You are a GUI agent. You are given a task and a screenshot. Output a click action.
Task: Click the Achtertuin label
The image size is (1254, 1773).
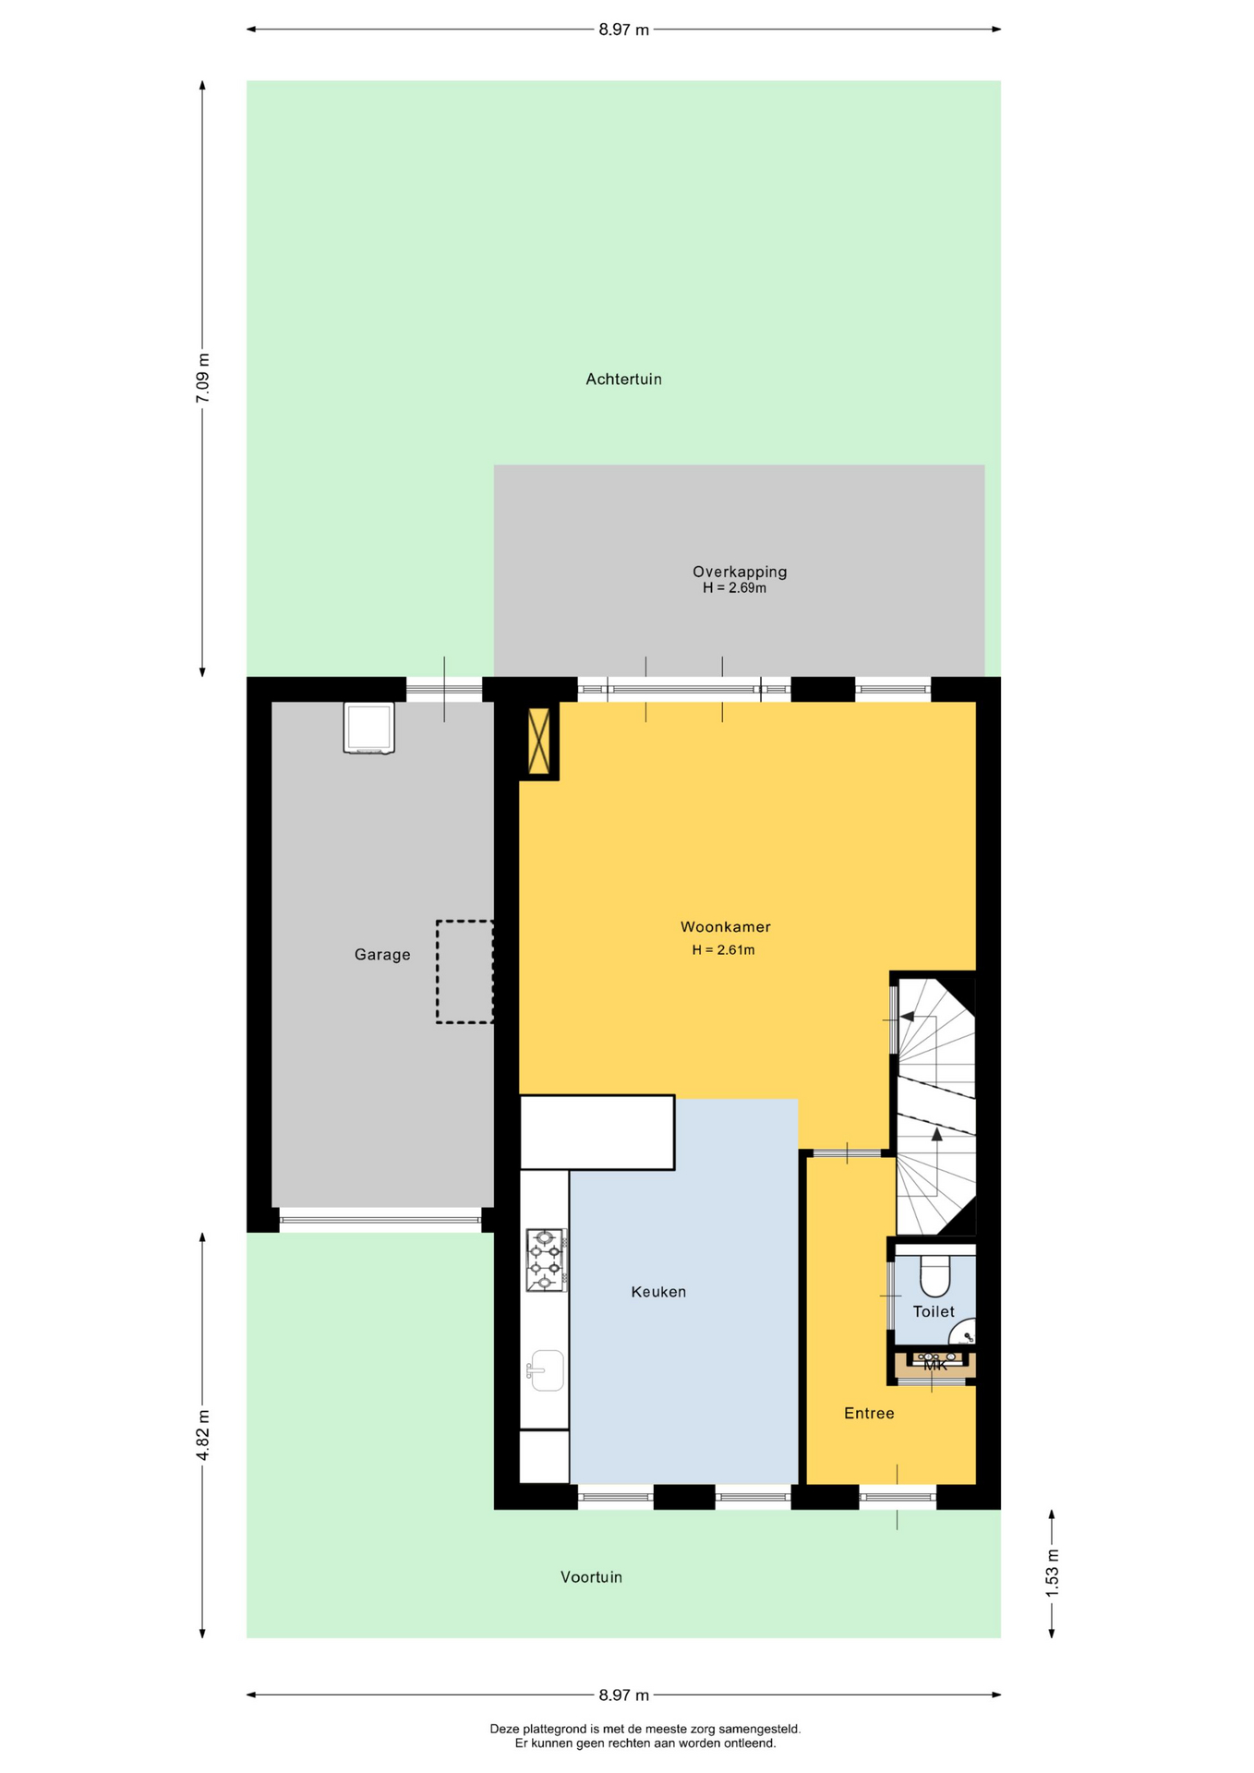pyautogui.click(x=623, y=379)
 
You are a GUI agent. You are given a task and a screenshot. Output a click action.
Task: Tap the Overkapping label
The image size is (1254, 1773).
pyautogui.click(x=740, y=572)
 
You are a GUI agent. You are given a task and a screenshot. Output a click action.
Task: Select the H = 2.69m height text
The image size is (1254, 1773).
pyautogui.click(x=734, y=587)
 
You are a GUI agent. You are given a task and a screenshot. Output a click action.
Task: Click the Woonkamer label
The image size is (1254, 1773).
pyautogui.click(x=725, y=926)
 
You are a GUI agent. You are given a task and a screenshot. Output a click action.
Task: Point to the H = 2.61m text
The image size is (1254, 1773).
pyautogui.click(x=723, y=949)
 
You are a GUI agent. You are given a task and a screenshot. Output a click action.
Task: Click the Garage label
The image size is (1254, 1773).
pyautogui.click(x=382, y=955)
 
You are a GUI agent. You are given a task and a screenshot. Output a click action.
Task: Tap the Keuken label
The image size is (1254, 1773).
pyautogui.click(x=658, y=1291)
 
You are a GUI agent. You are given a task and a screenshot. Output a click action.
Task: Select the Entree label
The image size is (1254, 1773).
pyautogui.click(x=869, y=1413)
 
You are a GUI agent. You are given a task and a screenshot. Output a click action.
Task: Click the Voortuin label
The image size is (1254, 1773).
pyautogui.click(x=591, y=1576)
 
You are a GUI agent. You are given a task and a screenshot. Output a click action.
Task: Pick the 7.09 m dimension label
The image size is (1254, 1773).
pyautogui.click(x=203, y=378)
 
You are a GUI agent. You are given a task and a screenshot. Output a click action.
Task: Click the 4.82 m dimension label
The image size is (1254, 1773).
pyautogui.click(x=203, y=1435)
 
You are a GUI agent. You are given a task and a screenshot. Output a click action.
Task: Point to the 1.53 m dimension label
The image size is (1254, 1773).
pyautogui.click(x=1052, y=1572)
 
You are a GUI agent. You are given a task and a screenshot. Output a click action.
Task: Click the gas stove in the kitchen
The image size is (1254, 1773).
pyautogui.click(x=546, y=1260)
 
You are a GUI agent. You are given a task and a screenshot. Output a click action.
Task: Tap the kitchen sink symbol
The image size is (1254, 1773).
pyautogui.click(x=546, y=1370)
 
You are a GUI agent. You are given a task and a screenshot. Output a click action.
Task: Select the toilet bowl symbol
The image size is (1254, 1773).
pyautogui.click(x=934, y=1275)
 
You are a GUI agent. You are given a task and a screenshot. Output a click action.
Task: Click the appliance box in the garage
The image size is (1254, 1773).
pyautogui.click(x=369, y=728)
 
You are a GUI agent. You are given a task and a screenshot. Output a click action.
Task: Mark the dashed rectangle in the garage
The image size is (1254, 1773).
pyautogui.click(x=464, y=971)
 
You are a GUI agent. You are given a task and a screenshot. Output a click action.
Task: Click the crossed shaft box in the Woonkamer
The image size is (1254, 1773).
pyautogui.click(x=538, y=741)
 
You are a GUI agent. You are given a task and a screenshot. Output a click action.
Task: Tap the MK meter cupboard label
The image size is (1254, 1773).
pyautogui.click(x=935, y=1365)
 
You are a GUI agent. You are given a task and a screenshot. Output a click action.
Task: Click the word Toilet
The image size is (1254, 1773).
pyautogui.click(x=934, y=1311)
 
